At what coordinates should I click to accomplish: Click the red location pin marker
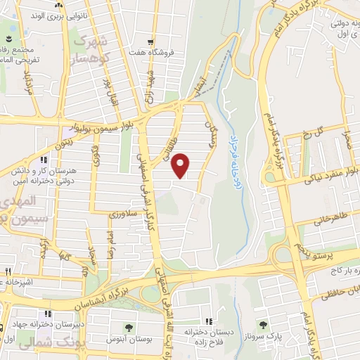(x=181, y=165)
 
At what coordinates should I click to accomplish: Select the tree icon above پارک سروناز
(x=264, y=325)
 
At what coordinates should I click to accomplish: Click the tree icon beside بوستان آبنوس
(x=128, y=328)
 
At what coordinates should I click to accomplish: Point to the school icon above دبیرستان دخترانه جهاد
(x=47, y=314)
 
